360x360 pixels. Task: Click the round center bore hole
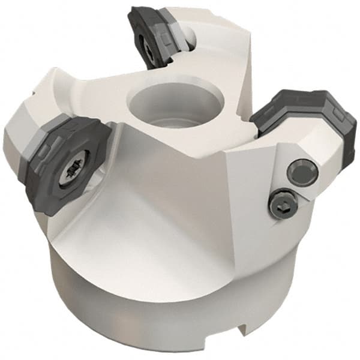(x=157, y=106)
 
